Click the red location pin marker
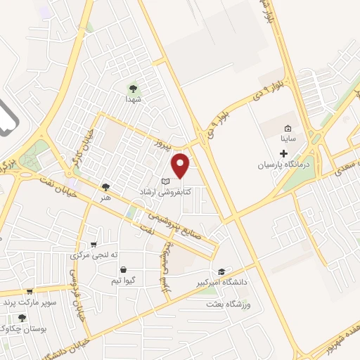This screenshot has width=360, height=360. [181, 166]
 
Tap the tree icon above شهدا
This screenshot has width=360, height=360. [132, 88]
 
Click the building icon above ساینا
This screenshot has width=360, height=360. [288, 129]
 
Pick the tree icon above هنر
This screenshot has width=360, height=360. [105, 187]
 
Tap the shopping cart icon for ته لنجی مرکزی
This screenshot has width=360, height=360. [94, 244]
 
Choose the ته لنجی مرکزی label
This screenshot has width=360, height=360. [92, 255]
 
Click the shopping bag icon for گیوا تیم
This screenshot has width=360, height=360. [124, 269]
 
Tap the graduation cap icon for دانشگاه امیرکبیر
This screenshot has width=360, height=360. [221, 271]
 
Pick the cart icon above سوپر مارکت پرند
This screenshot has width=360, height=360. [30, 292]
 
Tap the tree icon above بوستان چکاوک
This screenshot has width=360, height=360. [22, 318]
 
